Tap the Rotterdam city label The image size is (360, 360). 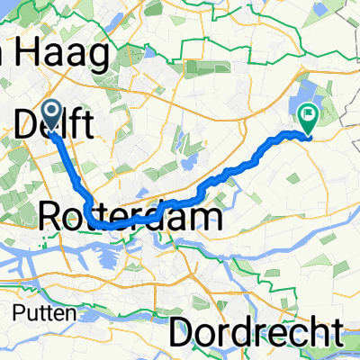131,215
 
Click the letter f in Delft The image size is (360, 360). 76,125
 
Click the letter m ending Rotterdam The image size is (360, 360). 211,216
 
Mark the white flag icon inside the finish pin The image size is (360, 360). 309,114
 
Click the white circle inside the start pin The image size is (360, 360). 51,111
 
